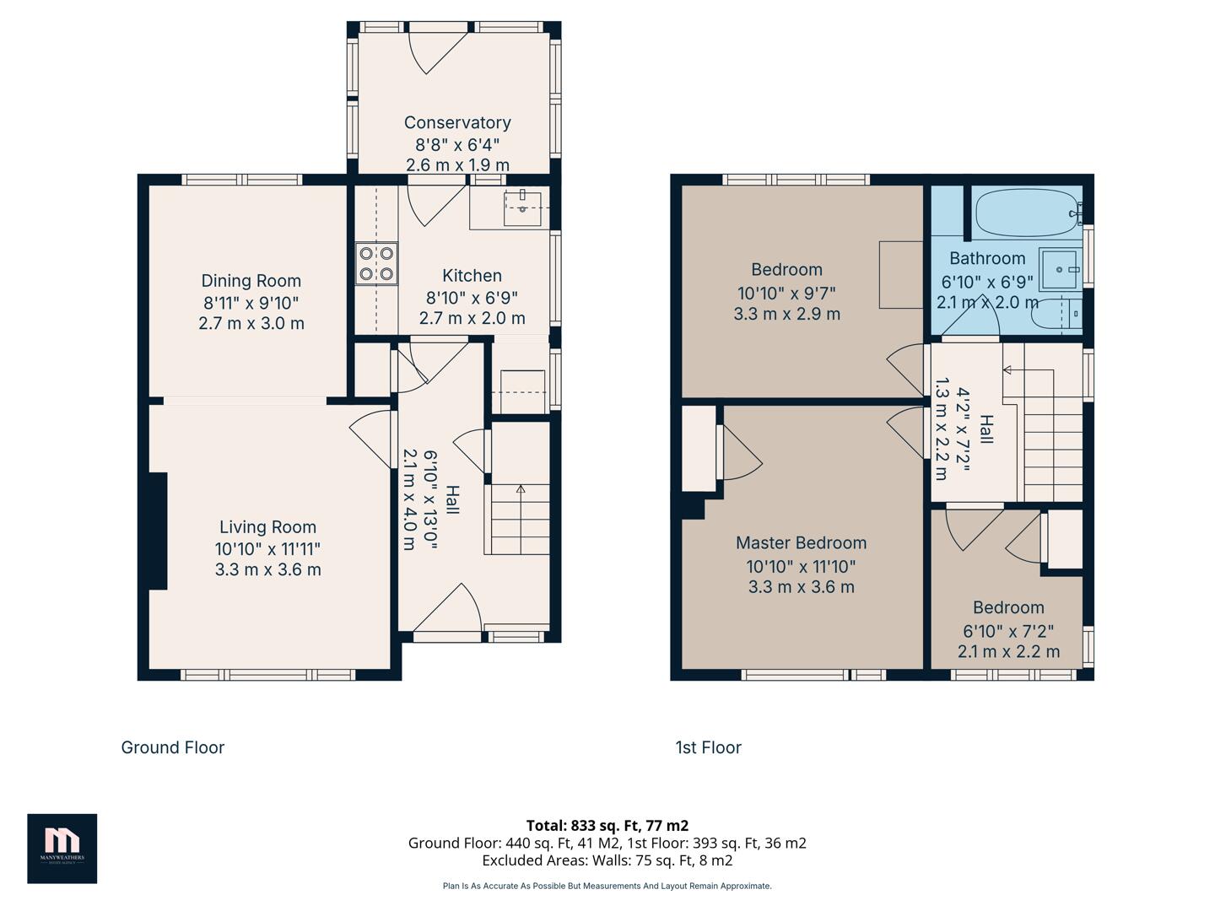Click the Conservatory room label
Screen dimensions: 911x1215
[x=457, y=123]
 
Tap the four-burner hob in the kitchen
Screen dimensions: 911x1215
[x=376, y=262]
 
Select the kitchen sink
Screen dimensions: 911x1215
[x=522, y=208]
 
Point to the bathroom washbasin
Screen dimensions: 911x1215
[x=1058, y=269]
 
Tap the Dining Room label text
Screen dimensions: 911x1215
[x=251, y=281]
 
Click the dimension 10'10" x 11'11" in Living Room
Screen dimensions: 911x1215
[x=267, y=548]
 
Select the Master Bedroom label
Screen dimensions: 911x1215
[x=801, y=543]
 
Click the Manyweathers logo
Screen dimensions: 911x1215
[x=62, y=848]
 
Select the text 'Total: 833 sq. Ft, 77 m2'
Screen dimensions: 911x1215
[x=607, y=825]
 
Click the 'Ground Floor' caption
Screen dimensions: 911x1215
[x=173, y=747]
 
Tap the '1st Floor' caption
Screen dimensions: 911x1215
[x=708, y=747]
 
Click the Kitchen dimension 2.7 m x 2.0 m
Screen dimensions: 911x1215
[x=472, y=318]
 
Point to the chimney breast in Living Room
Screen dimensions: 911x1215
[x=158, y=531]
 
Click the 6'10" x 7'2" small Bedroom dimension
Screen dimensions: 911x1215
[x=1008, y=630]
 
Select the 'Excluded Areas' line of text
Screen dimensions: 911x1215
[x=607, y=860]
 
